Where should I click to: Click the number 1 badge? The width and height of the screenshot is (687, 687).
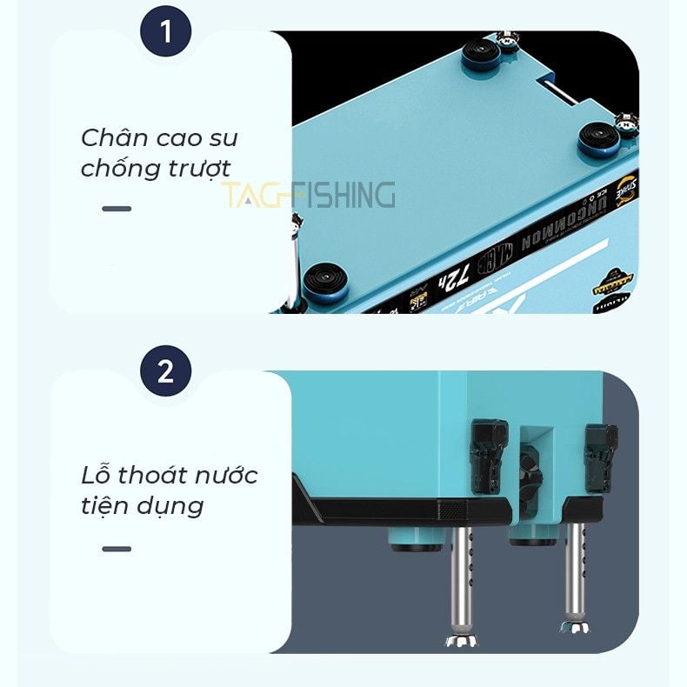pyautogui.click(x=165, y=35)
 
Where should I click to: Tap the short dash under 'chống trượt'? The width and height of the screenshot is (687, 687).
pyautogui.click(x=117, y=209)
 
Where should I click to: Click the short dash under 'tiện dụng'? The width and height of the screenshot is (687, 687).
pyautogui.click(x=117, y=549)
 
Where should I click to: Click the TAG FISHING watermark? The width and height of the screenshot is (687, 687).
pyautogui.click(x=308, y=196)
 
